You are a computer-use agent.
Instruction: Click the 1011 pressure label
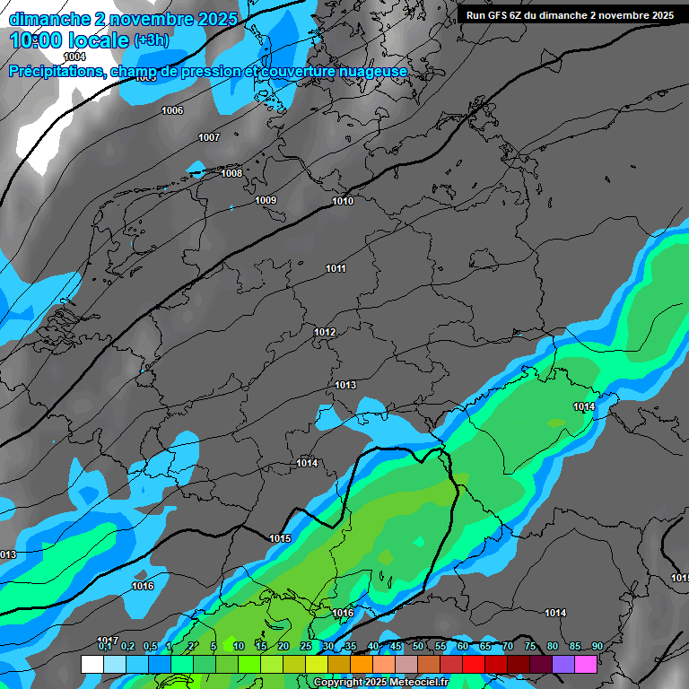click(336, 268)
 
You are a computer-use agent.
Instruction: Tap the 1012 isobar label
click(325, 333)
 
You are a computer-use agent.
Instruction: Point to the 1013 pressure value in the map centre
click(345, 385)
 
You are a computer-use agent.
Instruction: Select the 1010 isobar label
click(343, 201)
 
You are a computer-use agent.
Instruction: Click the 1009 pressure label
click(266, 200)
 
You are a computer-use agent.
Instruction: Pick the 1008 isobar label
click(231, 173)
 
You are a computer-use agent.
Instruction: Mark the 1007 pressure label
click(209, 137)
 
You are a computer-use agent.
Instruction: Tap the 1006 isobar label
click(172, 110)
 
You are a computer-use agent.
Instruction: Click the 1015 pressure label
click(280, 538)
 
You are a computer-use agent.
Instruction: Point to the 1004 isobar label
click(74, 57)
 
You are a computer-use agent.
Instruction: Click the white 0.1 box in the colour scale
click(92, 664)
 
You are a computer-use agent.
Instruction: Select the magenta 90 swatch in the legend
click(586, 664)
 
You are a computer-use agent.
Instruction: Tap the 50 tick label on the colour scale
click(418, 646)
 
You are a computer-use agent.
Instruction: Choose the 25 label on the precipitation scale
click(306, 646)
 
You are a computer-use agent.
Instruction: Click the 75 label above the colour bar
click(530, 646)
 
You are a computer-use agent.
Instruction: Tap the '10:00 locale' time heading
click(69, 40)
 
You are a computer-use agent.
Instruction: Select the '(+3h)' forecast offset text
click(151, 40)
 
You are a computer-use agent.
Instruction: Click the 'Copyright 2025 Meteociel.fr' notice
click(380, 682)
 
